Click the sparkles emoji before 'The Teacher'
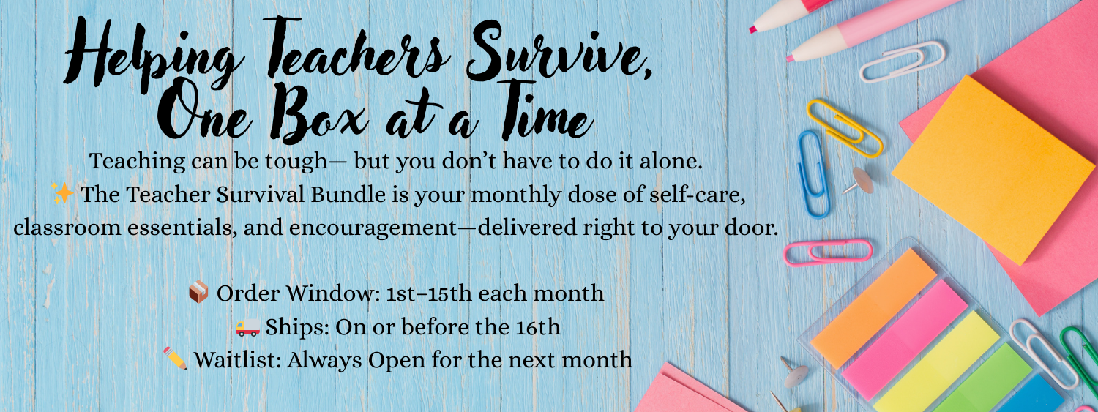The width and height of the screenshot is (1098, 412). [63, 193]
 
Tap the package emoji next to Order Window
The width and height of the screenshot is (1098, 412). [198, 292]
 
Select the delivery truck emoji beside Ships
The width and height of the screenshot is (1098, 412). [247, 327]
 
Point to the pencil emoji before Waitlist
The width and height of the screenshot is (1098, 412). [175, 358]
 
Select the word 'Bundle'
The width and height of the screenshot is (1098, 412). [348, 195]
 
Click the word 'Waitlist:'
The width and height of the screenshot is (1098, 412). [237, 359]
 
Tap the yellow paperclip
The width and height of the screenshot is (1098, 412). [844, 128]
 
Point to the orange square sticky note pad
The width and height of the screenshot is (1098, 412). [993, 170]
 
